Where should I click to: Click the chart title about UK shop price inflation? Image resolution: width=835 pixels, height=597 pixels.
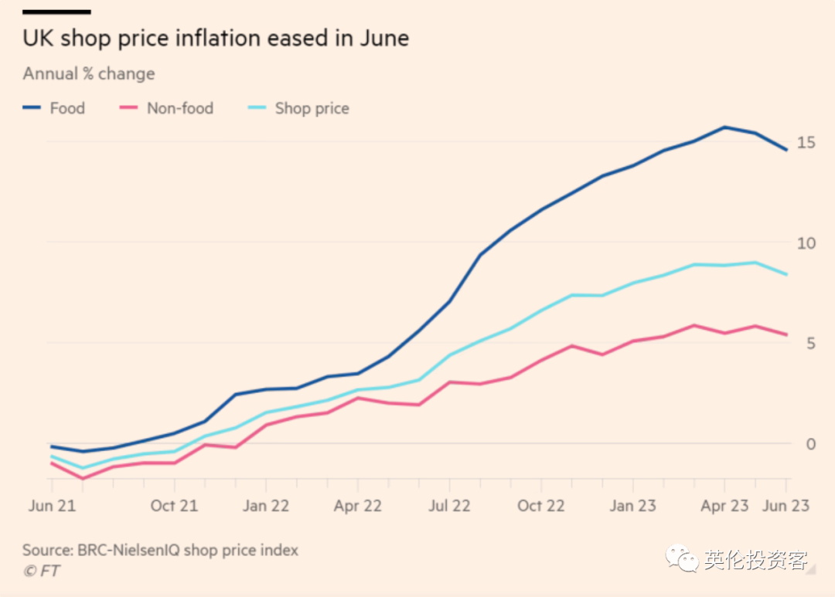[216, 39]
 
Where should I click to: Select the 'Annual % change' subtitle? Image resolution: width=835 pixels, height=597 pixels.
[89, 74]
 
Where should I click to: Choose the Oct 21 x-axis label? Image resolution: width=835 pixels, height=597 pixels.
[174, 506]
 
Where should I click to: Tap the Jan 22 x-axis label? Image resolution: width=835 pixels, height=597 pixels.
[266, 506]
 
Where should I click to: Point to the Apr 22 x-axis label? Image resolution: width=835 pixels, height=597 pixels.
[358, 506]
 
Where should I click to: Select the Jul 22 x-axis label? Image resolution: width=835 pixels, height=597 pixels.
[449, 506]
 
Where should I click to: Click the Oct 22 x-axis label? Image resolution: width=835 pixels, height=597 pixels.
[541, 506]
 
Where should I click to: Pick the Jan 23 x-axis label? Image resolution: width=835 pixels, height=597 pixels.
[633, 506]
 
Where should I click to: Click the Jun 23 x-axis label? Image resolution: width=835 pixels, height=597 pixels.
[786, 506]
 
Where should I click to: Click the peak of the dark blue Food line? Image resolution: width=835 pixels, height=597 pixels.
[724, 127]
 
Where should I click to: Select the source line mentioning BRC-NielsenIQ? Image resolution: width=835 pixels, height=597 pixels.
[160, 551]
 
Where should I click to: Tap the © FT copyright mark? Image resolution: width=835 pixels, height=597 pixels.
[41, 572]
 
